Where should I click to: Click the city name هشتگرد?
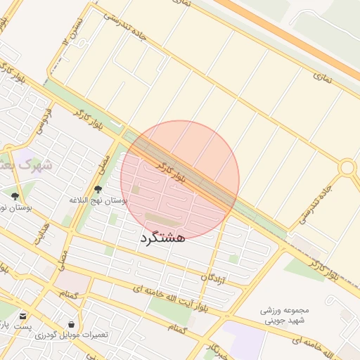click(x=162, y=238)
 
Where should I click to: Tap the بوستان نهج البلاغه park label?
click(x=98, y=200)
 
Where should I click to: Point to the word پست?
click(x=23, y=328)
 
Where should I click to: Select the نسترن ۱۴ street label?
click(x=68, y=32)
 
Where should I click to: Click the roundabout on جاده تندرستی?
click(x=347, y=167)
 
